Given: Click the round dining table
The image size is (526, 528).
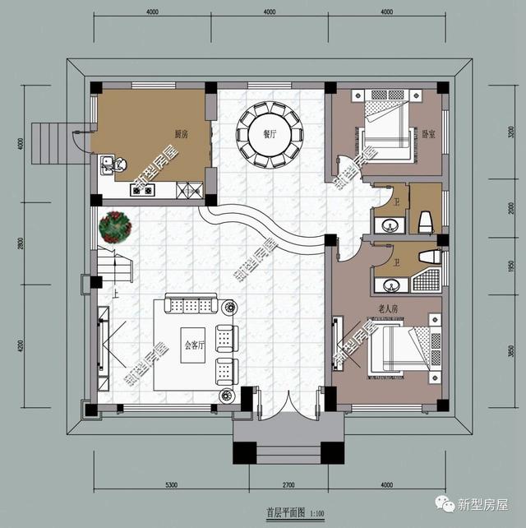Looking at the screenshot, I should (x=270, y=134).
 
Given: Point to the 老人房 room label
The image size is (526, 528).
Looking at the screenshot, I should (x=387, y=308).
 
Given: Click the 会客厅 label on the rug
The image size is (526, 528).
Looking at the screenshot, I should (x=194, y=345).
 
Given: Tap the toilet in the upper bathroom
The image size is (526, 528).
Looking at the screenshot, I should (x=425, y=221).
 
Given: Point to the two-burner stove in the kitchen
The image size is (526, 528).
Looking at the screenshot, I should (x=141, y=191).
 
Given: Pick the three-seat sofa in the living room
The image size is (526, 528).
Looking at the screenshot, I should (x=190, y=306).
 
